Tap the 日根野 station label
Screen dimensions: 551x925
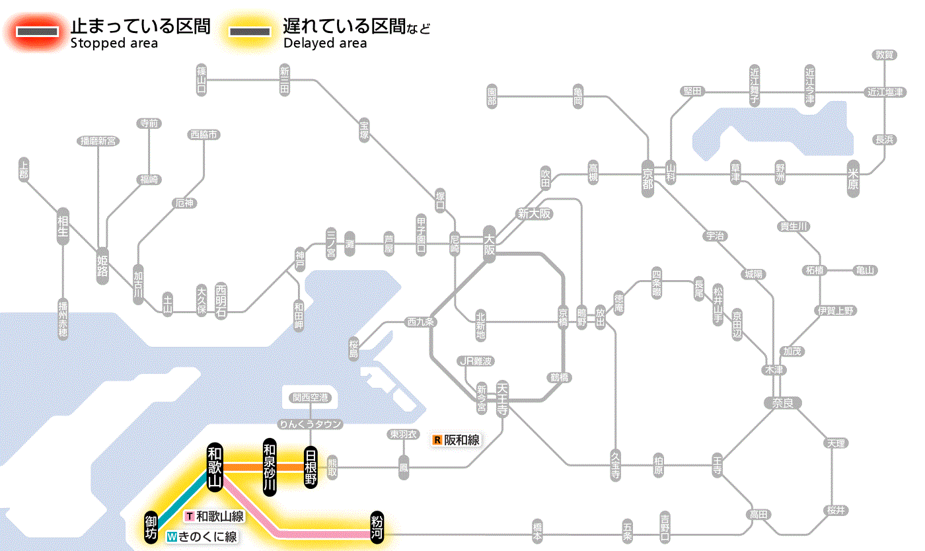[311, 466]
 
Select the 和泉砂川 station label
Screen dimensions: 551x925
[269, 466]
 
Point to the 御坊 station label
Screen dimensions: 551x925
[151, 527]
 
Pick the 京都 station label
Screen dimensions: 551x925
[647, 175]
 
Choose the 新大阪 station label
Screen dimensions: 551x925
[535, 213]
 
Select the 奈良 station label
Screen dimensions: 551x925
[782, 402]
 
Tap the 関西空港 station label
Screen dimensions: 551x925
[310, 397]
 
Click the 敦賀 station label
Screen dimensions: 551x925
[884, 55]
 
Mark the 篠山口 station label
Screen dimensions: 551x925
[202, 79]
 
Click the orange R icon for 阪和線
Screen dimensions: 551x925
[437, 440]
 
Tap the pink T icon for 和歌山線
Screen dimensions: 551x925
[190, 516]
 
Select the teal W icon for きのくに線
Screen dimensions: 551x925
[172, 537]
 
